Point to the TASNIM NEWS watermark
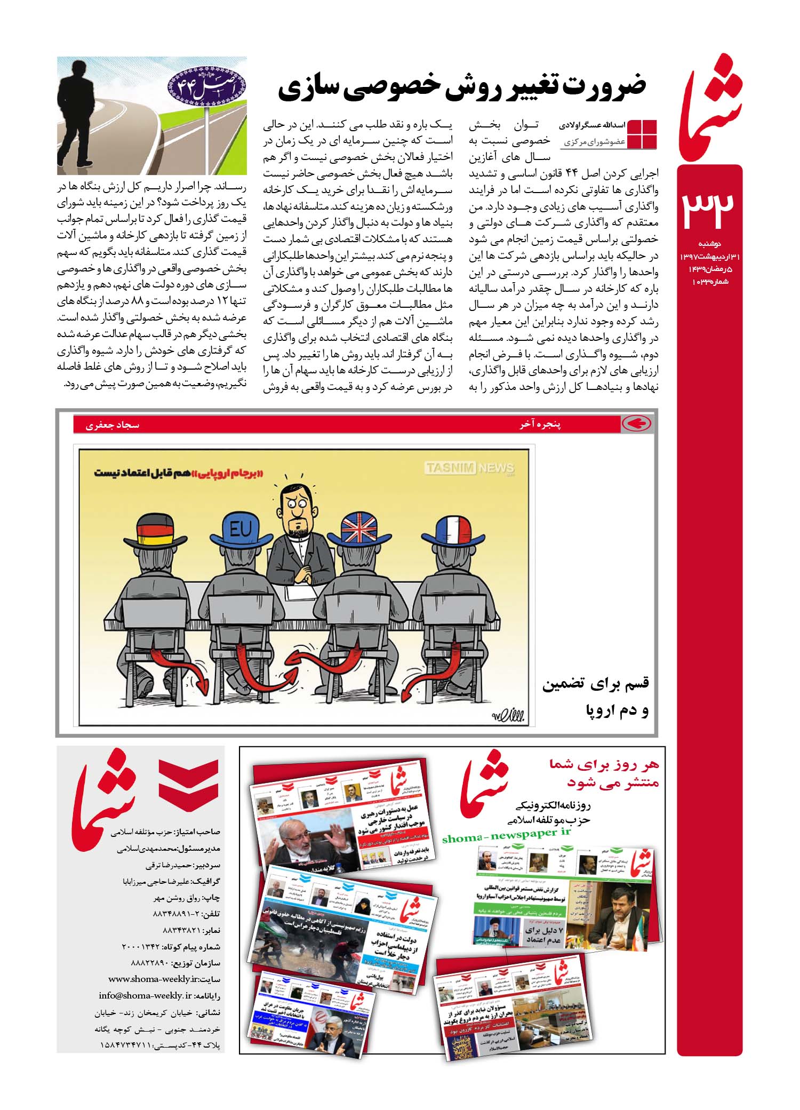[469, 468]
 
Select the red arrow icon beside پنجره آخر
[636, 424]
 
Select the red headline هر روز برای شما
[604, 765]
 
